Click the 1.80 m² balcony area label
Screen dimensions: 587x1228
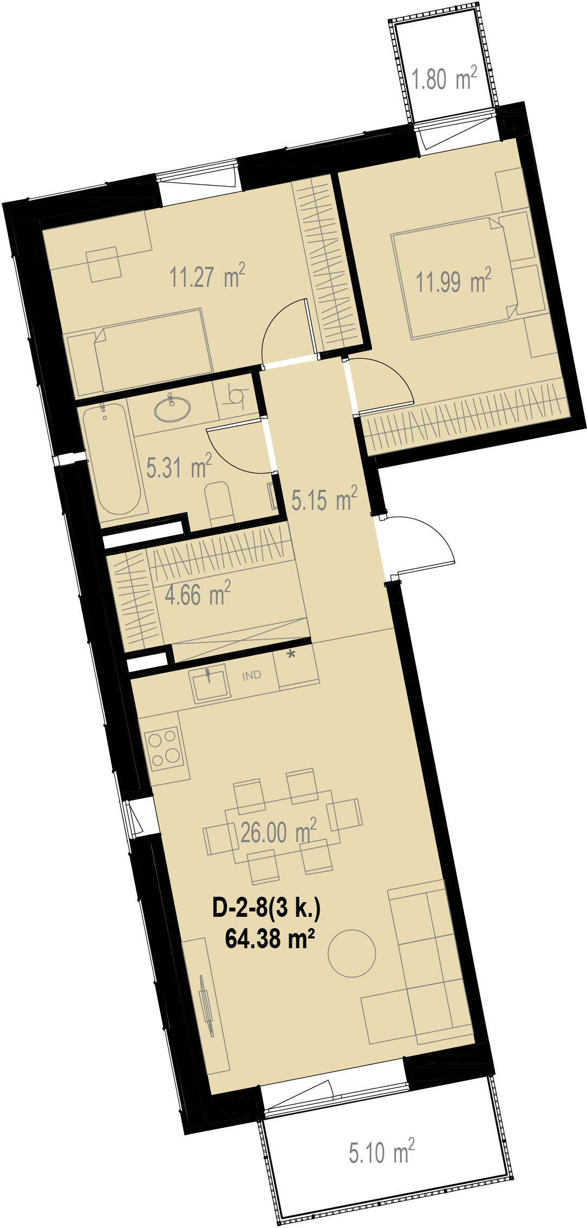pos(444,78)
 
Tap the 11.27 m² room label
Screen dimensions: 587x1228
pos(207,276)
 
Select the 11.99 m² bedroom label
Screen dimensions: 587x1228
pos(453,281)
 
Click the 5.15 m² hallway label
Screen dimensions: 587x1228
pos(324,499)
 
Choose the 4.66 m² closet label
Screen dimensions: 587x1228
pos(198,594)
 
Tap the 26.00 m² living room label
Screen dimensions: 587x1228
pos(278,832)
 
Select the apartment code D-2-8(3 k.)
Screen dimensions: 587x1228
pos(266,908)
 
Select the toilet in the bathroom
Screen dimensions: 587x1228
pos(219,503)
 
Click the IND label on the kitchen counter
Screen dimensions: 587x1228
pos(251,675)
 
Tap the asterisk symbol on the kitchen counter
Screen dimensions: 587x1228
pos(291,654)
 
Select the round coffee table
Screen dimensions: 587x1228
pos(352,953)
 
